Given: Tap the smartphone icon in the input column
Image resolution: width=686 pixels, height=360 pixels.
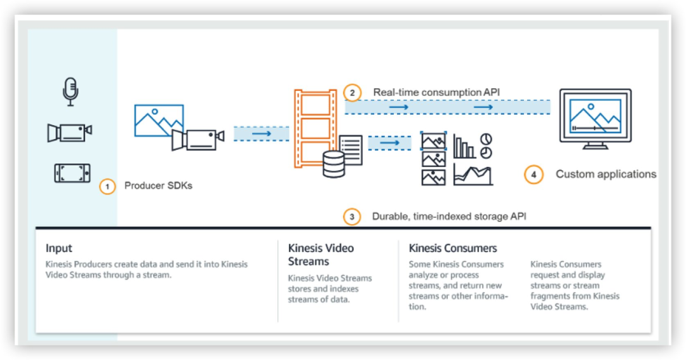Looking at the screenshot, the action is point(72,173).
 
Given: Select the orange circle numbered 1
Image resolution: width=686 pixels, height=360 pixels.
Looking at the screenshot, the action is point(107,186).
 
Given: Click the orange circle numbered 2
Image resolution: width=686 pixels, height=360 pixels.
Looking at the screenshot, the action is point(352,93).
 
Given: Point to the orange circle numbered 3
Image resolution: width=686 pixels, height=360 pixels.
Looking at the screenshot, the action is point(352,217).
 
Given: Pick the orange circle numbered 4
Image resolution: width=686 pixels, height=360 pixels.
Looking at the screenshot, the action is point(534,175).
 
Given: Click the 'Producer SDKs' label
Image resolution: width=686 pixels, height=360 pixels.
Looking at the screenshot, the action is point(158,185).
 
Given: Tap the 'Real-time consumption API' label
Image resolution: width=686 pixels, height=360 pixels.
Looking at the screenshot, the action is point(436,92).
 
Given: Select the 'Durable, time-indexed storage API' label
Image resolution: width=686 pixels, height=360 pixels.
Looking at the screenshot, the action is point(449,216).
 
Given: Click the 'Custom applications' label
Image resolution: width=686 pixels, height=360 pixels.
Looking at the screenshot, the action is point(606,174).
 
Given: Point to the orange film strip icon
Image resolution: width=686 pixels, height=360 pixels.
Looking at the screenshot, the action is point(315,128).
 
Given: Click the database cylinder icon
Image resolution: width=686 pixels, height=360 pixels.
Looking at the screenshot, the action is point(334,164).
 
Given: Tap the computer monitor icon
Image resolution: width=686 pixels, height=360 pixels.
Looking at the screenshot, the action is point(595,119).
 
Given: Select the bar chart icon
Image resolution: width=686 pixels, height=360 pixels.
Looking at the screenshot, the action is point(464,146).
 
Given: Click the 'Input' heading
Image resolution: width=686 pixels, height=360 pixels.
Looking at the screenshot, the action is point(58,248).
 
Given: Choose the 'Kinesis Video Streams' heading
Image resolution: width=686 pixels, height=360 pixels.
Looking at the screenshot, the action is point(321,255).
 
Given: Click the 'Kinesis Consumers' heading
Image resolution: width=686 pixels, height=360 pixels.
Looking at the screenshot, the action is point(453,248).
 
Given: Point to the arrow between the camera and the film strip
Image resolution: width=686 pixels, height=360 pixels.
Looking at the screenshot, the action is point(261,133).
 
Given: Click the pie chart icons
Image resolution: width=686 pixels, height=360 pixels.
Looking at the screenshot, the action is point(486,145).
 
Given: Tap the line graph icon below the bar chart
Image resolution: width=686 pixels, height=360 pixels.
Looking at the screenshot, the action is point(473,174).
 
